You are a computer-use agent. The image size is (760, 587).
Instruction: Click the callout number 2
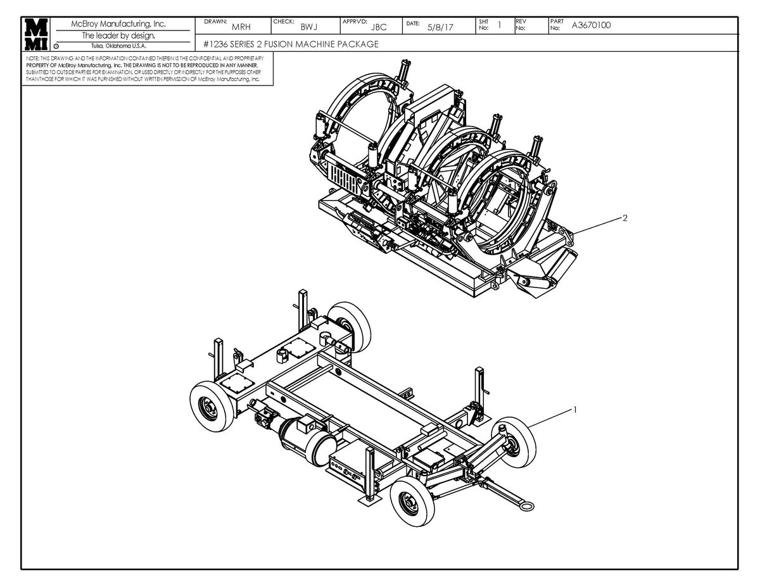point(624,218)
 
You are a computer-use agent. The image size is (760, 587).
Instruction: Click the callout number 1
point(575,410)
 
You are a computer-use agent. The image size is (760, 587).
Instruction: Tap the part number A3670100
point(591,25)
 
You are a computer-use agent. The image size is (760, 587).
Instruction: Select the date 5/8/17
point(440,27)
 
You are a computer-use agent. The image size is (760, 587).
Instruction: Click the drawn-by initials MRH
point(241,27)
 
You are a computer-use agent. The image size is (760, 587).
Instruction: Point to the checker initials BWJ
point(309,27)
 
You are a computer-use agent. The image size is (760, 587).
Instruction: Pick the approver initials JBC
point(379,27)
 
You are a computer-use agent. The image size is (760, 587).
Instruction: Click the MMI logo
point(37,34)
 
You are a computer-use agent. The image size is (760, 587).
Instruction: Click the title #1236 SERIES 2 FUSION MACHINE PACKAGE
point(291,44)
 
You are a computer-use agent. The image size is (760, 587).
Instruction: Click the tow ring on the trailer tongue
point(524,505)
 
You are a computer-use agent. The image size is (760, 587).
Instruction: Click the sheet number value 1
point(500,25)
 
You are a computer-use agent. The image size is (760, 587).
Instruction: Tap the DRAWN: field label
point(216,22)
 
